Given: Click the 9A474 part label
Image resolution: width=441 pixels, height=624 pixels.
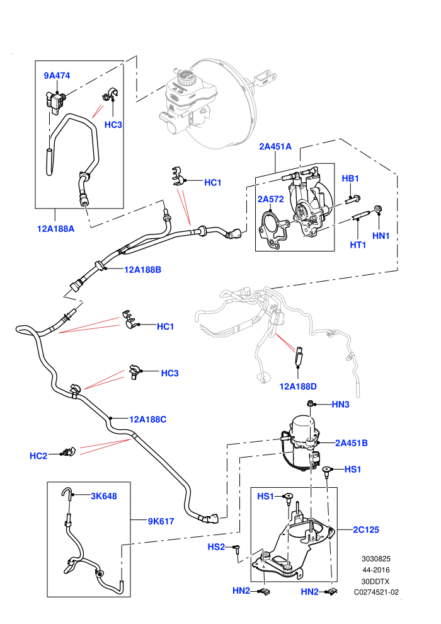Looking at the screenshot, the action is pyautogui.click(x=57, y=76).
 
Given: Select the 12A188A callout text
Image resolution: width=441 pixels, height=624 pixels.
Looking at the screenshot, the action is pyautogui.click(x=55, y=229).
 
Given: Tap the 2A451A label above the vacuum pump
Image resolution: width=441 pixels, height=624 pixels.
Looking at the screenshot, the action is pyautogui.click(x=275, y=146).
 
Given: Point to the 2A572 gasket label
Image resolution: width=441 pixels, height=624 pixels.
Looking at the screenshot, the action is pyautogui.click(x=270, y=199).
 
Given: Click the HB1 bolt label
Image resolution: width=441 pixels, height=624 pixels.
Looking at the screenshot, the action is pyautogui.click(x=350, y=178).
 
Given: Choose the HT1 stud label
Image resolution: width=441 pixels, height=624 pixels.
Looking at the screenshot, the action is pyautogui.click(x=358, y=245).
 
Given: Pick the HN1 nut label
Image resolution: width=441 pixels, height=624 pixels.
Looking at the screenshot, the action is pyautogui.click(x=381, y=236).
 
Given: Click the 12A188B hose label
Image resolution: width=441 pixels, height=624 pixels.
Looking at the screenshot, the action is pyautogui.click(x=143, y=270).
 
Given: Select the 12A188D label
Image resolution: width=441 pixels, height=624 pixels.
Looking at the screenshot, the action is pyautogui.click(x=298, y=386).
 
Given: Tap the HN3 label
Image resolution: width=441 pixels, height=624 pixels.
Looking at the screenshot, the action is pyautogui.click(x=340, y=405).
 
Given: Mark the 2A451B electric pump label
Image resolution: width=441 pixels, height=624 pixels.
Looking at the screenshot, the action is pyautogui.click(x=352, y=443).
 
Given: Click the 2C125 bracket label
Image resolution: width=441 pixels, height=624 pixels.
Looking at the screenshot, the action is pyautogui.click(x=366, y=529).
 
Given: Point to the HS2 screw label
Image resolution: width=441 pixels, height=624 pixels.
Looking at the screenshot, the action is pyautogui.click(x=216, y=547).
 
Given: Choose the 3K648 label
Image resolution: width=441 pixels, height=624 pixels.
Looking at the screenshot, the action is pyautogui.click(x=104, y=496).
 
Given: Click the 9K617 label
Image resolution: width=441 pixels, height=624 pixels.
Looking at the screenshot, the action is pyautogui.click(x=161, y=521).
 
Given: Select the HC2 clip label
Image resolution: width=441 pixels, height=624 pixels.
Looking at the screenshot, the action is pyautogui.click(x=38, y=456).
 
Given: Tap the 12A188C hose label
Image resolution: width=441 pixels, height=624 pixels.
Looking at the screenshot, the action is pyautogui.click(x=148, y=419).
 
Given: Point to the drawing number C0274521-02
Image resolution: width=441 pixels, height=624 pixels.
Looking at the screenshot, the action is pyautogui.click(x=376, y=592).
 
